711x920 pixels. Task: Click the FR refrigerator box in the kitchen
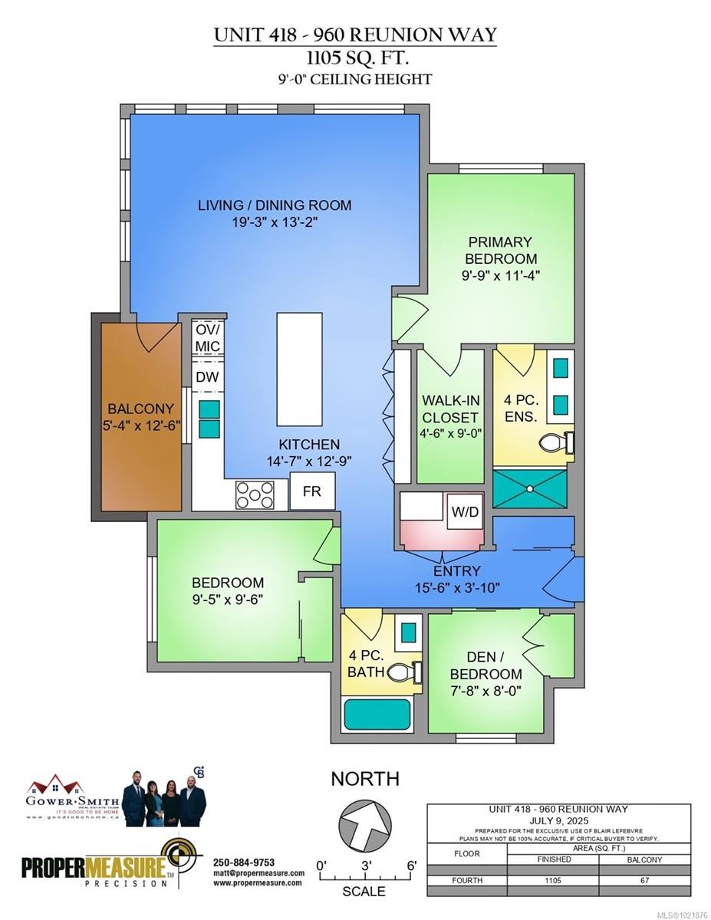(312, 491)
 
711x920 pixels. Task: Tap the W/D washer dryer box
(465, 511)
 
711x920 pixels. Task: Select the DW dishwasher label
(206, 376)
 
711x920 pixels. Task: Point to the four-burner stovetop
(255, 495)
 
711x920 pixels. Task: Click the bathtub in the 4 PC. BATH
(377, 714)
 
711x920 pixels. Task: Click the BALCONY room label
(140, 409)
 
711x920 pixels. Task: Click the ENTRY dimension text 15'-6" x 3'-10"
(457, 587)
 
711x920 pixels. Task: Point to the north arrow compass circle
(364, 825)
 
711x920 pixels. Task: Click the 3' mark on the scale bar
(366, 866)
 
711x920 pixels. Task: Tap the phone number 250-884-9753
(243, 862)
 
